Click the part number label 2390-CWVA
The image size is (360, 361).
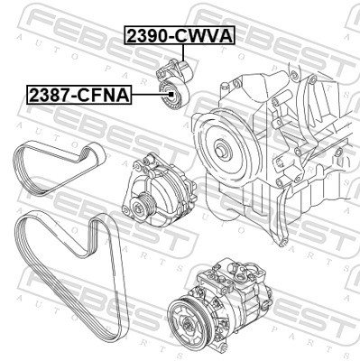[179, 36]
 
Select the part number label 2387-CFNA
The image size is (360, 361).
[78, 92]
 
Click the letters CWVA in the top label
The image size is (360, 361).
[205, 36]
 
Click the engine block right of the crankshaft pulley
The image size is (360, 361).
[289, 144]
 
